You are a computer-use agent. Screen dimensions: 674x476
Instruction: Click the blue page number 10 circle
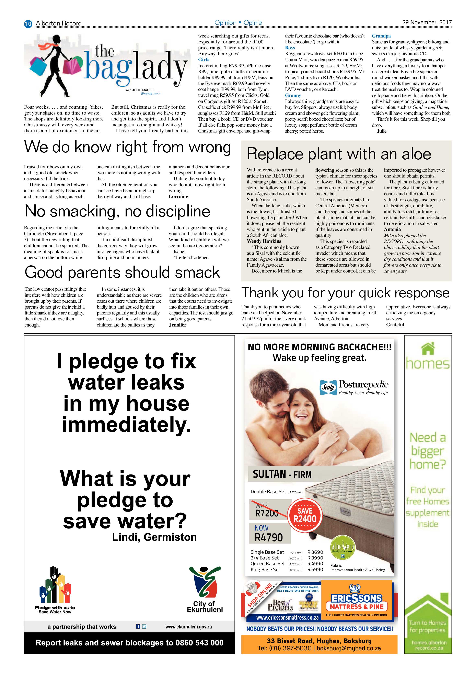pyautogui.click(x=28, y=23)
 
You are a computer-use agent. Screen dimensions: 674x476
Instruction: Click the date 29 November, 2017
pyautogui.click(x=427, y=22)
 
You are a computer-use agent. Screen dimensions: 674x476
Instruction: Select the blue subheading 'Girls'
pyautogui.click(x=204, y=60)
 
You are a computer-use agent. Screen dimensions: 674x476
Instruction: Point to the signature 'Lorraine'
pyautogui.click(x=178, y=196)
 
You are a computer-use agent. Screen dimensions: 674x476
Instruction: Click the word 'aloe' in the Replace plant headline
pyautogui.click(x=416, y=154)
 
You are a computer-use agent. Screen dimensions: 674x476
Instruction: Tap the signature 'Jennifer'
pyautogui.click(x=178, y=325)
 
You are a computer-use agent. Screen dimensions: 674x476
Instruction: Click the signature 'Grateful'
pyautogui.click(x=395, y=325)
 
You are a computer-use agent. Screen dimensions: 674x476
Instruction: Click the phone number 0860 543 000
pyautogui.click(x=199, y=643)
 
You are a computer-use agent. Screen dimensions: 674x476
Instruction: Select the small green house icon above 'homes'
pyautogui.click(x=428, y=349)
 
